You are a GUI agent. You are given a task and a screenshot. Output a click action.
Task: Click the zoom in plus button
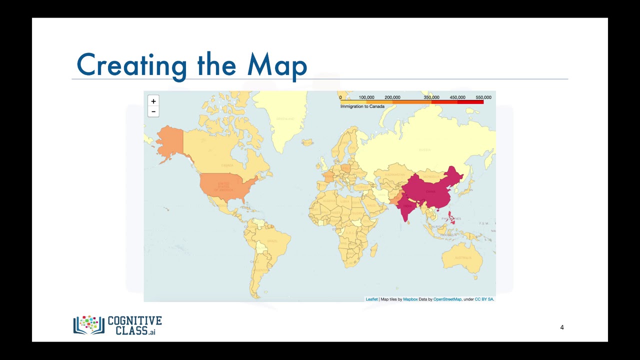(153, 101)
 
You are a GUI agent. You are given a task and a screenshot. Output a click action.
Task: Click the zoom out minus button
(153, 111)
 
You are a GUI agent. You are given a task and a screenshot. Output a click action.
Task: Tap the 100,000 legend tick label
(366, 97)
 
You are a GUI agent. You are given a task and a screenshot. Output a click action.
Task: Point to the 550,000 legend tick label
(483, 97)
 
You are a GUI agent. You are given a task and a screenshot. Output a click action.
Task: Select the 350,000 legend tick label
(431, 97)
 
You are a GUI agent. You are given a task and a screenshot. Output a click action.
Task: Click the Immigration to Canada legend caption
(362, 106)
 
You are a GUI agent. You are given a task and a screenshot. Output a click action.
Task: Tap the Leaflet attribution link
(371, 299)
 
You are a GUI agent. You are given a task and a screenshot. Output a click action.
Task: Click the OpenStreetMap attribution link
(447, 299)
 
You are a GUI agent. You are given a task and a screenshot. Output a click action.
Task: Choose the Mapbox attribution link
(410, 299)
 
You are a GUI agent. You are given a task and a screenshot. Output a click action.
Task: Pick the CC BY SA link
(483, 299)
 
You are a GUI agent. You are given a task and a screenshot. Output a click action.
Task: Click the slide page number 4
(562, 327)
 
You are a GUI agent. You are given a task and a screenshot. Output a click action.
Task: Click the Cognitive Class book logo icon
(88, 324)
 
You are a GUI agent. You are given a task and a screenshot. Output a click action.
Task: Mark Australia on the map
(461, 257)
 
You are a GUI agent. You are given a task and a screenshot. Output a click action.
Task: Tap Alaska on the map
(170, 140)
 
